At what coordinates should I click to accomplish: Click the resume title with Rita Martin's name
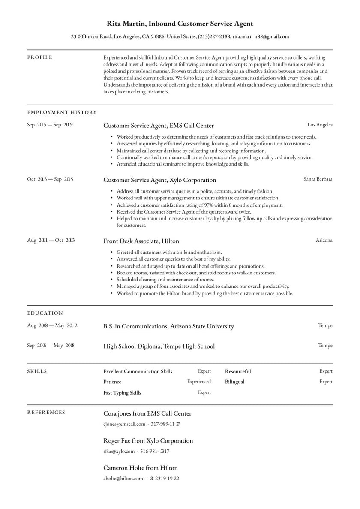point(180,24)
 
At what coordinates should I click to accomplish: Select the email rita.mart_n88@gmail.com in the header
point(261,37)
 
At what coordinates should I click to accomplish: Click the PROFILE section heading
point(40,57)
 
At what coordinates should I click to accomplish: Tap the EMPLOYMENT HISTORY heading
point(62,112)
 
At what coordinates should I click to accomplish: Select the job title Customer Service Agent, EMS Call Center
point(159,126)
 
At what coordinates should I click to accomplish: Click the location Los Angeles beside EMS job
point(320,125)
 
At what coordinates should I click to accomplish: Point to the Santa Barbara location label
point(318,179)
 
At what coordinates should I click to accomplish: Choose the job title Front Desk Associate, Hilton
point(141,241)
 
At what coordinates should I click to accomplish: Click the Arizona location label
point(324,241)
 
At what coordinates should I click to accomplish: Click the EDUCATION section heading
point(45,313)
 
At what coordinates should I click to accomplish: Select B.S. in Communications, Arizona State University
point(168,326)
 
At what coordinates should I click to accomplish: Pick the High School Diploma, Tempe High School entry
point(159,346)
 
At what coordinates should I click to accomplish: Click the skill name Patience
point(112,382)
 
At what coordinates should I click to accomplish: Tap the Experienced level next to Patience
point(199,382)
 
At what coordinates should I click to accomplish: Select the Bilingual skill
point(234,382)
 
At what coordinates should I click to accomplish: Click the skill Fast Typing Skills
point(122,392)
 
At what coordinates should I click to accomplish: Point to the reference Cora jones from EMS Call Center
point(147,413)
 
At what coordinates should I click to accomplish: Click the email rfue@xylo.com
point(119,451)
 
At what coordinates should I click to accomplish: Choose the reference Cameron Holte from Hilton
point(140,468)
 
